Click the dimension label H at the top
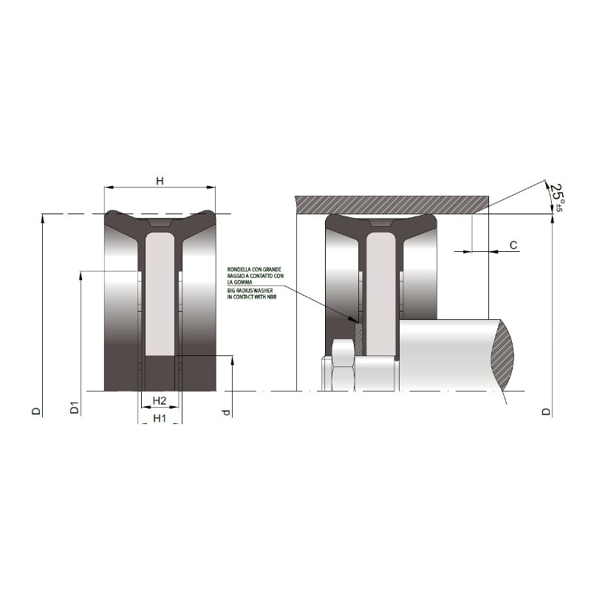coord(160,181)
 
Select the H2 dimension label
coord(160,400)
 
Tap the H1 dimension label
coord(160,418)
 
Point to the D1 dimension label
coord(75,408)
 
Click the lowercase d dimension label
coord(226,412)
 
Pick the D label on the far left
coord(35,411)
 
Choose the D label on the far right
coord(546,411)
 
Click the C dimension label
coord(513,245)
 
